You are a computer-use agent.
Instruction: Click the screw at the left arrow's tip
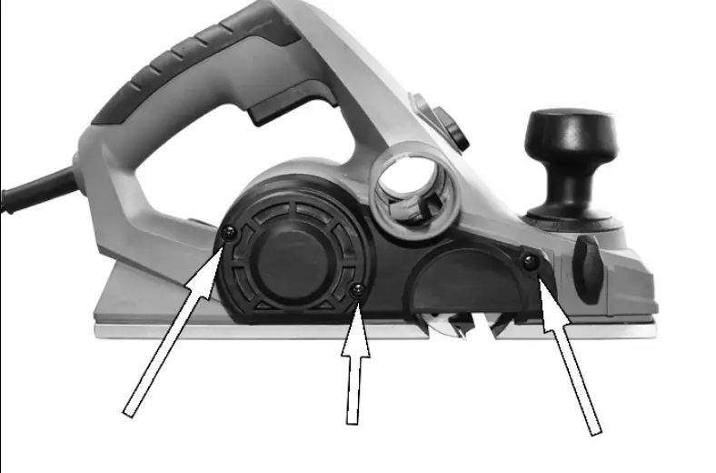[228, 233]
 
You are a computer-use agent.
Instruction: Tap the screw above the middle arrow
[359, 289]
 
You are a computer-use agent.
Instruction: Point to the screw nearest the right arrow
[530, 262]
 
